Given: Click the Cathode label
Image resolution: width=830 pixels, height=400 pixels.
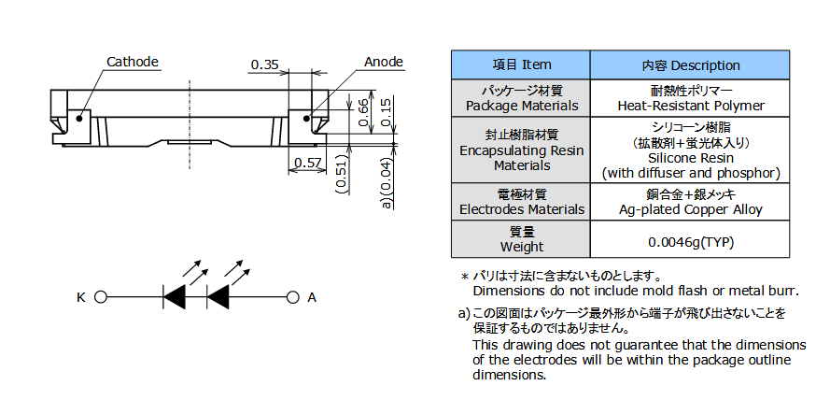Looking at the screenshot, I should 132,63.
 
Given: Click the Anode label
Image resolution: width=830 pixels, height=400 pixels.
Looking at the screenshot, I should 383,63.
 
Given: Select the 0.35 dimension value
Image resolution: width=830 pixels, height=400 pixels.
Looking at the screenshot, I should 264,64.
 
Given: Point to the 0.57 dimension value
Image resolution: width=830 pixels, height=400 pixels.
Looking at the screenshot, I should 306,164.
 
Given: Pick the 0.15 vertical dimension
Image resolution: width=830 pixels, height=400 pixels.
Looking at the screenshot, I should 387,108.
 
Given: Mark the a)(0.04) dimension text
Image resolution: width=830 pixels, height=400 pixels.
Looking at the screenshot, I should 386,181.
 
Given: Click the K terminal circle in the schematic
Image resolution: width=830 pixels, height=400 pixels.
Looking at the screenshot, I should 101,297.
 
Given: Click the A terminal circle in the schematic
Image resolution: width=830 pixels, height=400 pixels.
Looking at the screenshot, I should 291,297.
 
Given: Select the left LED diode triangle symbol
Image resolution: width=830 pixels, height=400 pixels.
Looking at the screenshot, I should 175,297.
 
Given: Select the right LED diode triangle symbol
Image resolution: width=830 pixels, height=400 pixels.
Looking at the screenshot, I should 218,297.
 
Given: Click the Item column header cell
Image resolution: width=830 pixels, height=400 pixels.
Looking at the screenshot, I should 521,64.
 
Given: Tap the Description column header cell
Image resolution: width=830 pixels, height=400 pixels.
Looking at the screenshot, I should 690,64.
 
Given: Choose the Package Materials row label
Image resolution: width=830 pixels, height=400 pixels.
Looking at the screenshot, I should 521,106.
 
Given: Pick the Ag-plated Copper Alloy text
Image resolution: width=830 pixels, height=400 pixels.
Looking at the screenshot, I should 690,210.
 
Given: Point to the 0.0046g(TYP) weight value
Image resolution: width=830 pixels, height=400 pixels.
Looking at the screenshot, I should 690,241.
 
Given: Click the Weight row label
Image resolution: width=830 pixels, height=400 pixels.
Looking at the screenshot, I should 521,247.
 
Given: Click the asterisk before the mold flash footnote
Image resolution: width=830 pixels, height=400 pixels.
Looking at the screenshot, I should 463,278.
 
